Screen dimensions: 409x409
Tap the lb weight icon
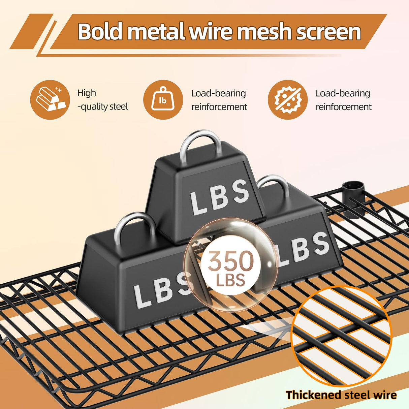(163, 99)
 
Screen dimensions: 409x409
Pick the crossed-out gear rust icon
(287, 99)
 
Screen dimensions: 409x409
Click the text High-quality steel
(102, 100)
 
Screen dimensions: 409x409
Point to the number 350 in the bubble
(230, 261)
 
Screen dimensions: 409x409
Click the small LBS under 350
(230, 280)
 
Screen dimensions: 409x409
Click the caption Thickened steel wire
(341, 395)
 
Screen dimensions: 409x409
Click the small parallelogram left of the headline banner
(31, 31)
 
